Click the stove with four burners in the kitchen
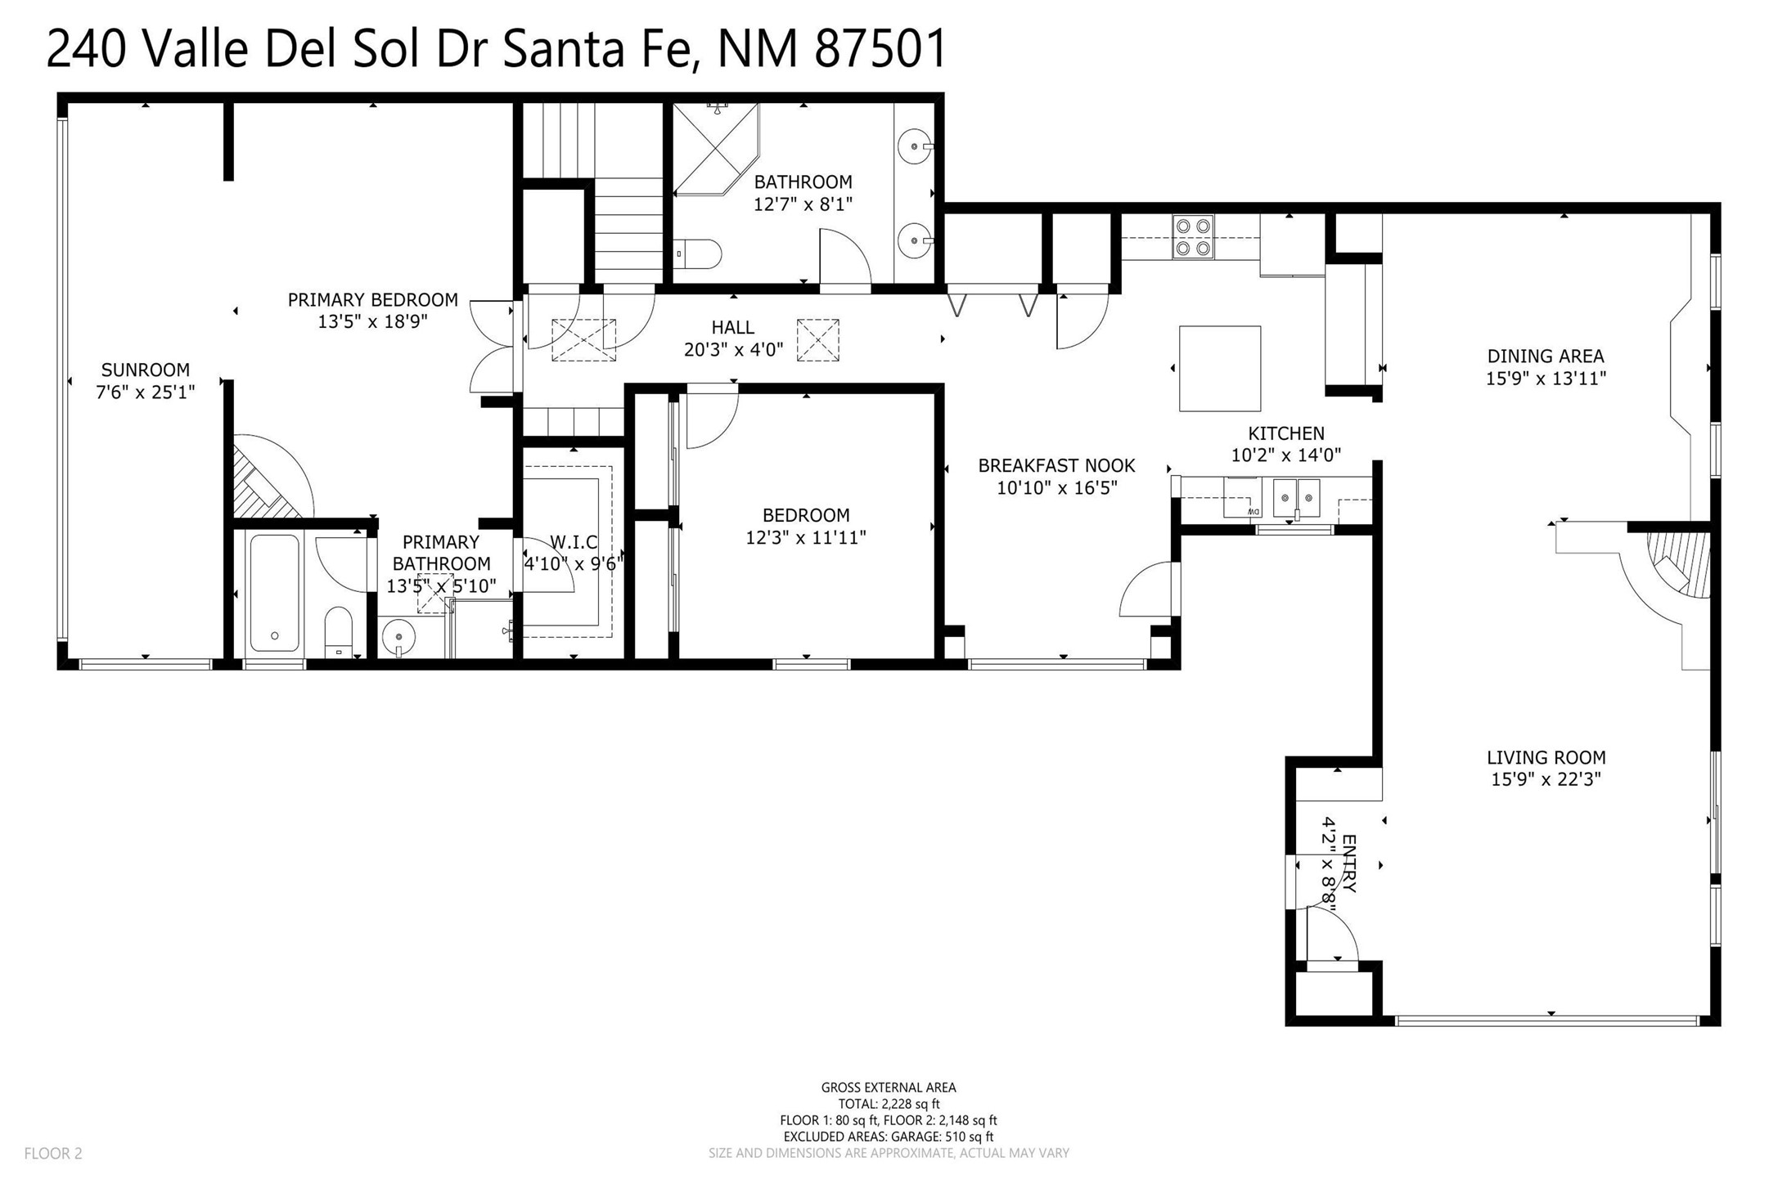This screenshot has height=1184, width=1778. click(1193, 236)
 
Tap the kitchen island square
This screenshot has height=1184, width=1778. click(1219, 368)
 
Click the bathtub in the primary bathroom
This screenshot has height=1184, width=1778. click(274, 592)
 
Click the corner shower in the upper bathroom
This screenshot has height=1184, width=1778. click(716, 149)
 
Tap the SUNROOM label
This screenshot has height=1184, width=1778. click(146, 370)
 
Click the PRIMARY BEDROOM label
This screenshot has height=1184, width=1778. click(373, 300)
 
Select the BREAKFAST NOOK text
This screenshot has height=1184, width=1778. click(1057, 466)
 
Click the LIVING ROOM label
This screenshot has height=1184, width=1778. click(1546, 758)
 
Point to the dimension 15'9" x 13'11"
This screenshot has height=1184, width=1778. click(1546, 379)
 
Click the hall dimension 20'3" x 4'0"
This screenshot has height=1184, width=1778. click(734, 350)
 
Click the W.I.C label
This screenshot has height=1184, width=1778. click(574, 542)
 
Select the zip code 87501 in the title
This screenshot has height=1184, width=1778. click(880, 49)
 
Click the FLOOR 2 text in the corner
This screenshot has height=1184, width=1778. click(53, 1154)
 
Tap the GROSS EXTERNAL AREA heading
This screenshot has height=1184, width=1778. click(889, 1088)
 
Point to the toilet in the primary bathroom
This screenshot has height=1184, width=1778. click(339, 632)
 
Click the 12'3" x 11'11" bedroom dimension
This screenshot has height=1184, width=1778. click(806, 538)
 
